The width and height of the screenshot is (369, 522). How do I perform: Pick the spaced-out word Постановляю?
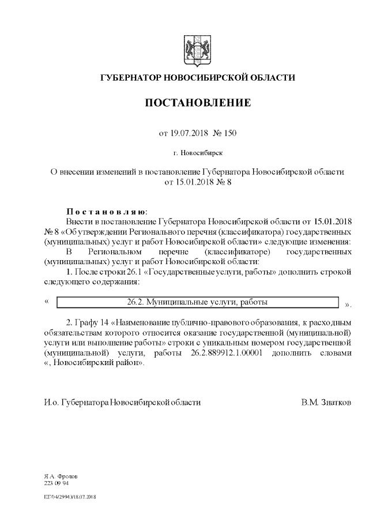(x=106, y=211)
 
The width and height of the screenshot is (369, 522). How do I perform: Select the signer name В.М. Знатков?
(x=325, y=402)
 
